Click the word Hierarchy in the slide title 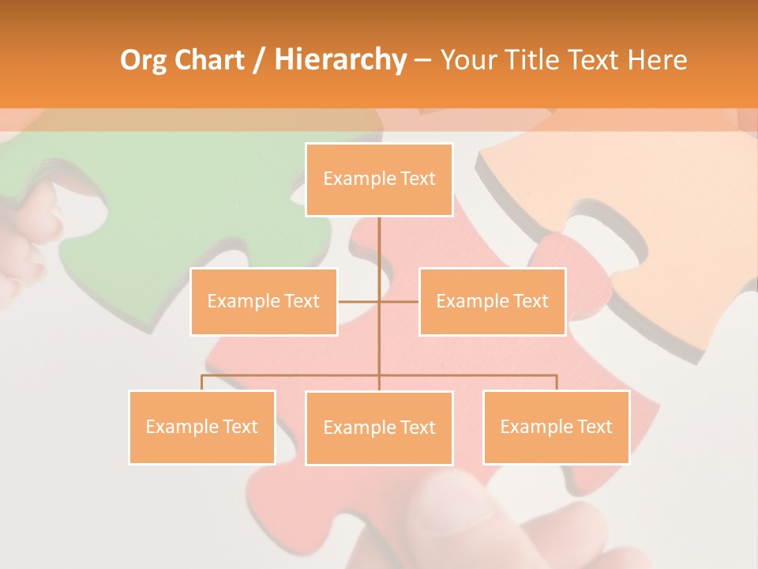coord(340,60)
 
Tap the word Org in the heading coord(143,60)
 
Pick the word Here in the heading coord(657,60)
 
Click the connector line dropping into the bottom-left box coord(201,382)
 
